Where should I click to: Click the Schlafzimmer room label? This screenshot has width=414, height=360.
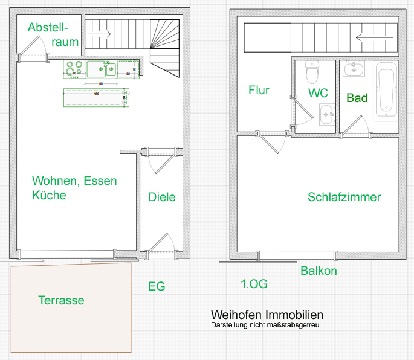(x=344, y=198)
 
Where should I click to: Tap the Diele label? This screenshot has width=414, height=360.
(x=162, y=197)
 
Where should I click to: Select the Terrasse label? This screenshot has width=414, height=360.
(x=61, y=300)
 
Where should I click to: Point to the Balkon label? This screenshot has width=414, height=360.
(x=319, y=271)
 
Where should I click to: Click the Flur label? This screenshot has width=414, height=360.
(x=259, y=91)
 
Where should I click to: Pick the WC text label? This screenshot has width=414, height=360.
(x=318, y=93)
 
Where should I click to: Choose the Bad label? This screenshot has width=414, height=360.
(x=357, y=98)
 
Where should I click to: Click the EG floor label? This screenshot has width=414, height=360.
(x=157, y=286)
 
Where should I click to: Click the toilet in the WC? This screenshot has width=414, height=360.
(x=312, y=73)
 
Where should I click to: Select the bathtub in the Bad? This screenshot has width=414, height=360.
(x=385, y=91)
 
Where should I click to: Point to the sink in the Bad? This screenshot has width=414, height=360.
(x=353, y=69)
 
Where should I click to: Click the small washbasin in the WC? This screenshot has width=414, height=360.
(x=327, y=113)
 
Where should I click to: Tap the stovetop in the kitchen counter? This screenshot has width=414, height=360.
(x=74, y=69)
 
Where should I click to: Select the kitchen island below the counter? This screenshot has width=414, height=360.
(x=96, y=97)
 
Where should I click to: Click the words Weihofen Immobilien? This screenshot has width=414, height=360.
(x=267, y=315)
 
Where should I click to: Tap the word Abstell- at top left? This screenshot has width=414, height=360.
(x=48, y=28)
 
